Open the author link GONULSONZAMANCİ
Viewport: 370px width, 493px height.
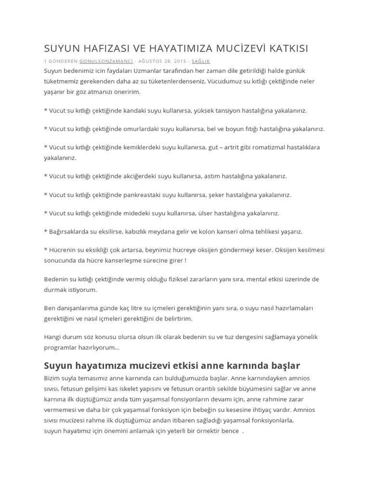(x=106, y=62)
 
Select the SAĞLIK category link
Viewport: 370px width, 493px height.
(x=200, y=62)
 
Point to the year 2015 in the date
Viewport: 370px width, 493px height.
(x=178, y=62)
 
